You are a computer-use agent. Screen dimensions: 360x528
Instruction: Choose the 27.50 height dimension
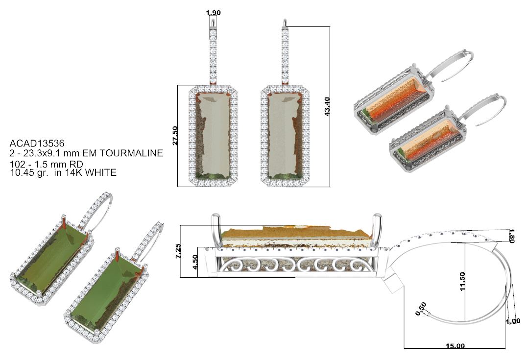(182, 136)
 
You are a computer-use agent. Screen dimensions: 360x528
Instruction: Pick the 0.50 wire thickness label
(421, 310)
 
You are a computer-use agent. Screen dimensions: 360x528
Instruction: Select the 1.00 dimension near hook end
(513, 321)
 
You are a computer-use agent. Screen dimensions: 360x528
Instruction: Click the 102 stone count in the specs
(16, 163)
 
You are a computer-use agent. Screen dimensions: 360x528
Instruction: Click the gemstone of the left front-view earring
(213, 136)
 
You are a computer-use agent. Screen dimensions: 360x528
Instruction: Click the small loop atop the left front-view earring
(214, 23)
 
